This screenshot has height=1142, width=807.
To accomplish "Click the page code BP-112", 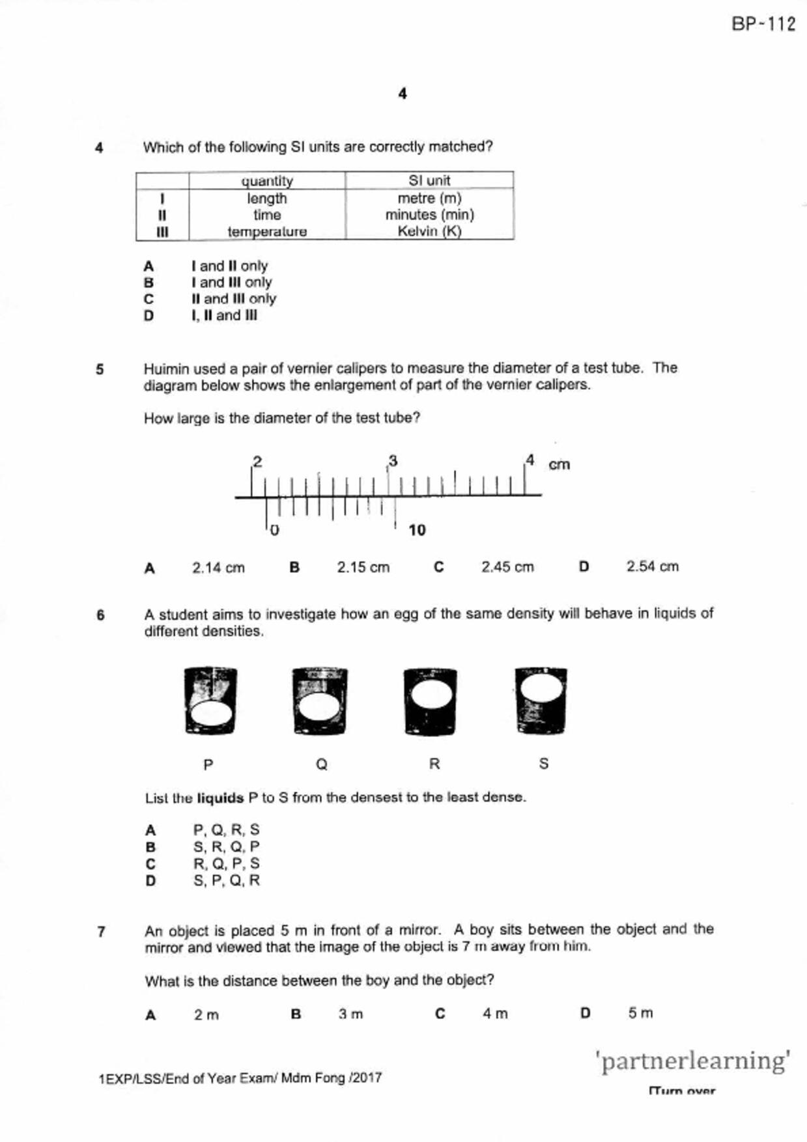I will [x=763, y=24].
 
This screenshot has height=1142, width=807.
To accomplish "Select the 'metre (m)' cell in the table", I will [x=429, y=198].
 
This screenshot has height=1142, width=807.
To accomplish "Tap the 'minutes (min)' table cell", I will [x=429, y=214].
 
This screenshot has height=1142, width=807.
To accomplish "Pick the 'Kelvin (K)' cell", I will [x=429, y=231].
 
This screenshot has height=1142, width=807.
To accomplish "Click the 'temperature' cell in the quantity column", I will [x=267, y=231].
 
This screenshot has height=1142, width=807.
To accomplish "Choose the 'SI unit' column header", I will [x=429, y=180].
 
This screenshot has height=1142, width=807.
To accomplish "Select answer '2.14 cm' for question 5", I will [x=218, y=568].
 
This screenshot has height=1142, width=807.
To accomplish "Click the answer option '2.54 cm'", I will [x=652, y=566].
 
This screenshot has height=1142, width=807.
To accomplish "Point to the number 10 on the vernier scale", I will [x=417, y=530].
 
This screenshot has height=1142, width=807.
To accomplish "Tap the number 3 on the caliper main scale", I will [x=393, y=461].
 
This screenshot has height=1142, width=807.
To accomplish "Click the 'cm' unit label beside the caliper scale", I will [x=559, y=464].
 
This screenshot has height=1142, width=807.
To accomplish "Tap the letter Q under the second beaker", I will [x=321, y=764].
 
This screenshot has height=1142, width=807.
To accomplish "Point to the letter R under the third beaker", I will [x=434, y=764].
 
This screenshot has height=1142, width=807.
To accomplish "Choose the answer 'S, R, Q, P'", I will [x=226, y=847].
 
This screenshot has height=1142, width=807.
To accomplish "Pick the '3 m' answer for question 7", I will [x=350, y=1014].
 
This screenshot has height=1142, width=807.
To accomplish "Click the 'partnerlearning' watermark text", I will [x=693, y=1061].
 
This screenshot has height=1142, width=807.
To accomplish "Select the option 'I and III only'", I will [x=231, y=283].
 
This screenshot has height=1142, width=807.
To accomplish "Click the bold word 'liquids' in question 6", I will [x=220, y=798].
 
